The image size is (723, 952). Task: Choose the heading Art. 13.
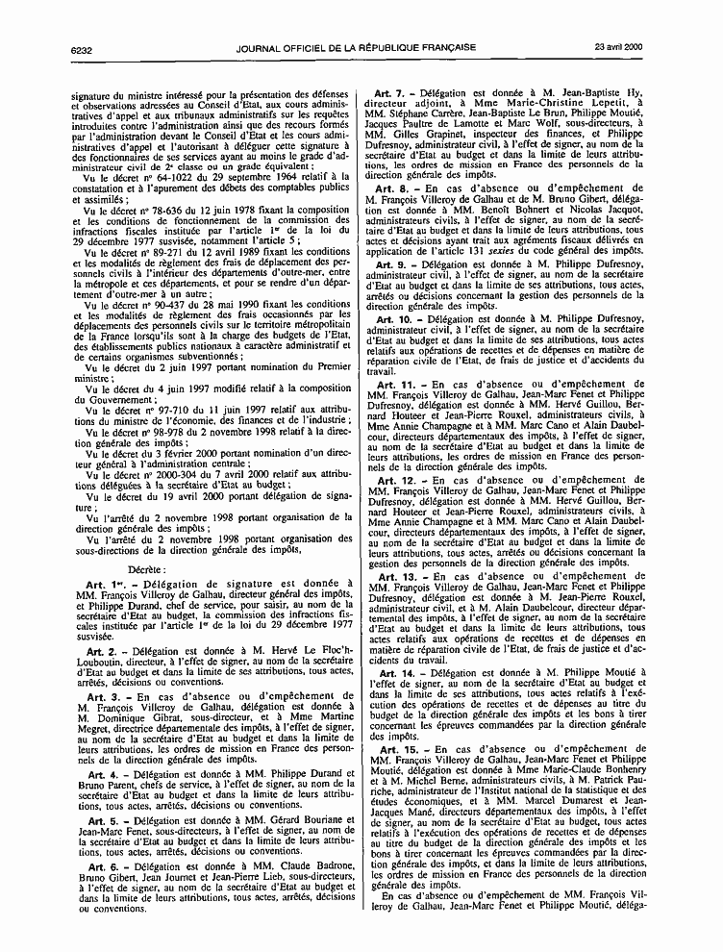[397, 576]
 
